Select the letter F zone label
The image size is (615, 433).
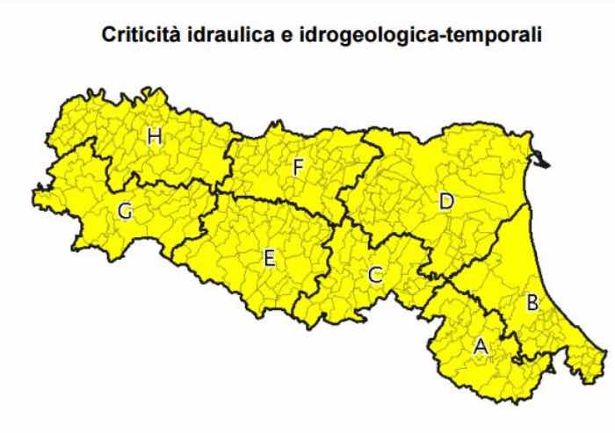[298, 166]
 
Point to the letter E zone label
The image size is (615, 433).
[270, 257]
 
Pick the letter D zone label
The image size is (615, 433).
[445, 202]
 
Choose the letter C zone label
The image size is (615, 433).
[375, 275]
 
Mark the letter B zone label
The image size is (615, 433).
[532, 304]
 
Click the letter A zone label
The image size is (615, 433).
[480, 346]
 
